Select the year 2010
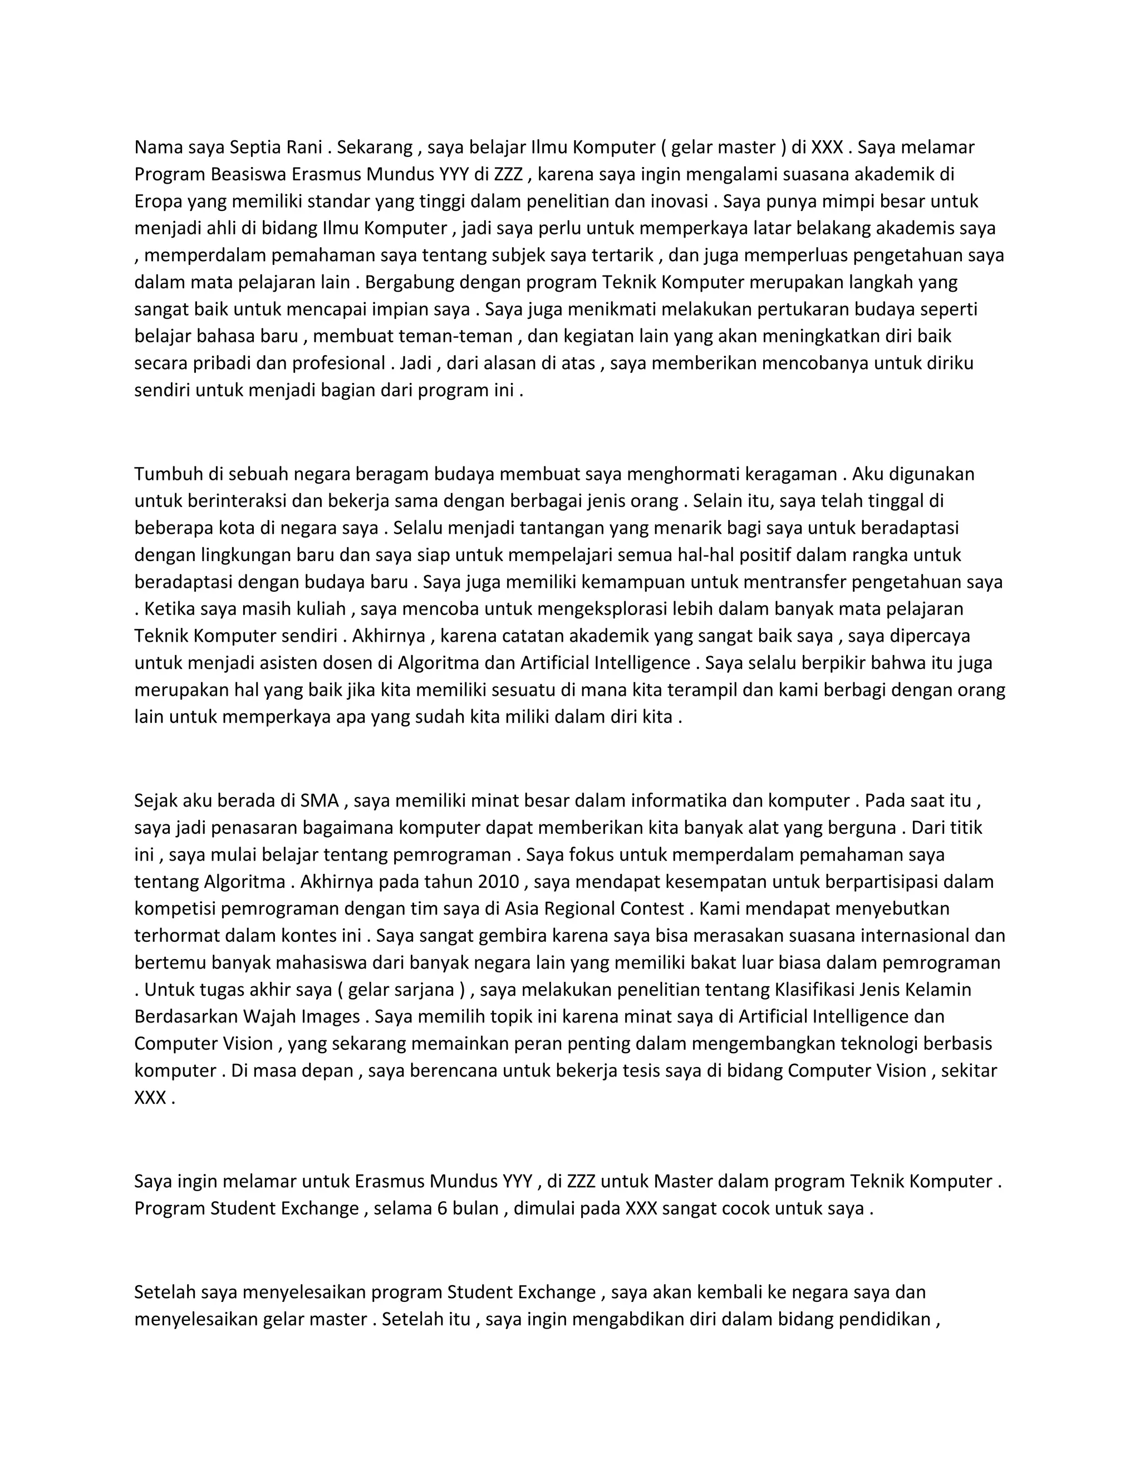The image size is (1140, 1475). click(498, 882)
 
